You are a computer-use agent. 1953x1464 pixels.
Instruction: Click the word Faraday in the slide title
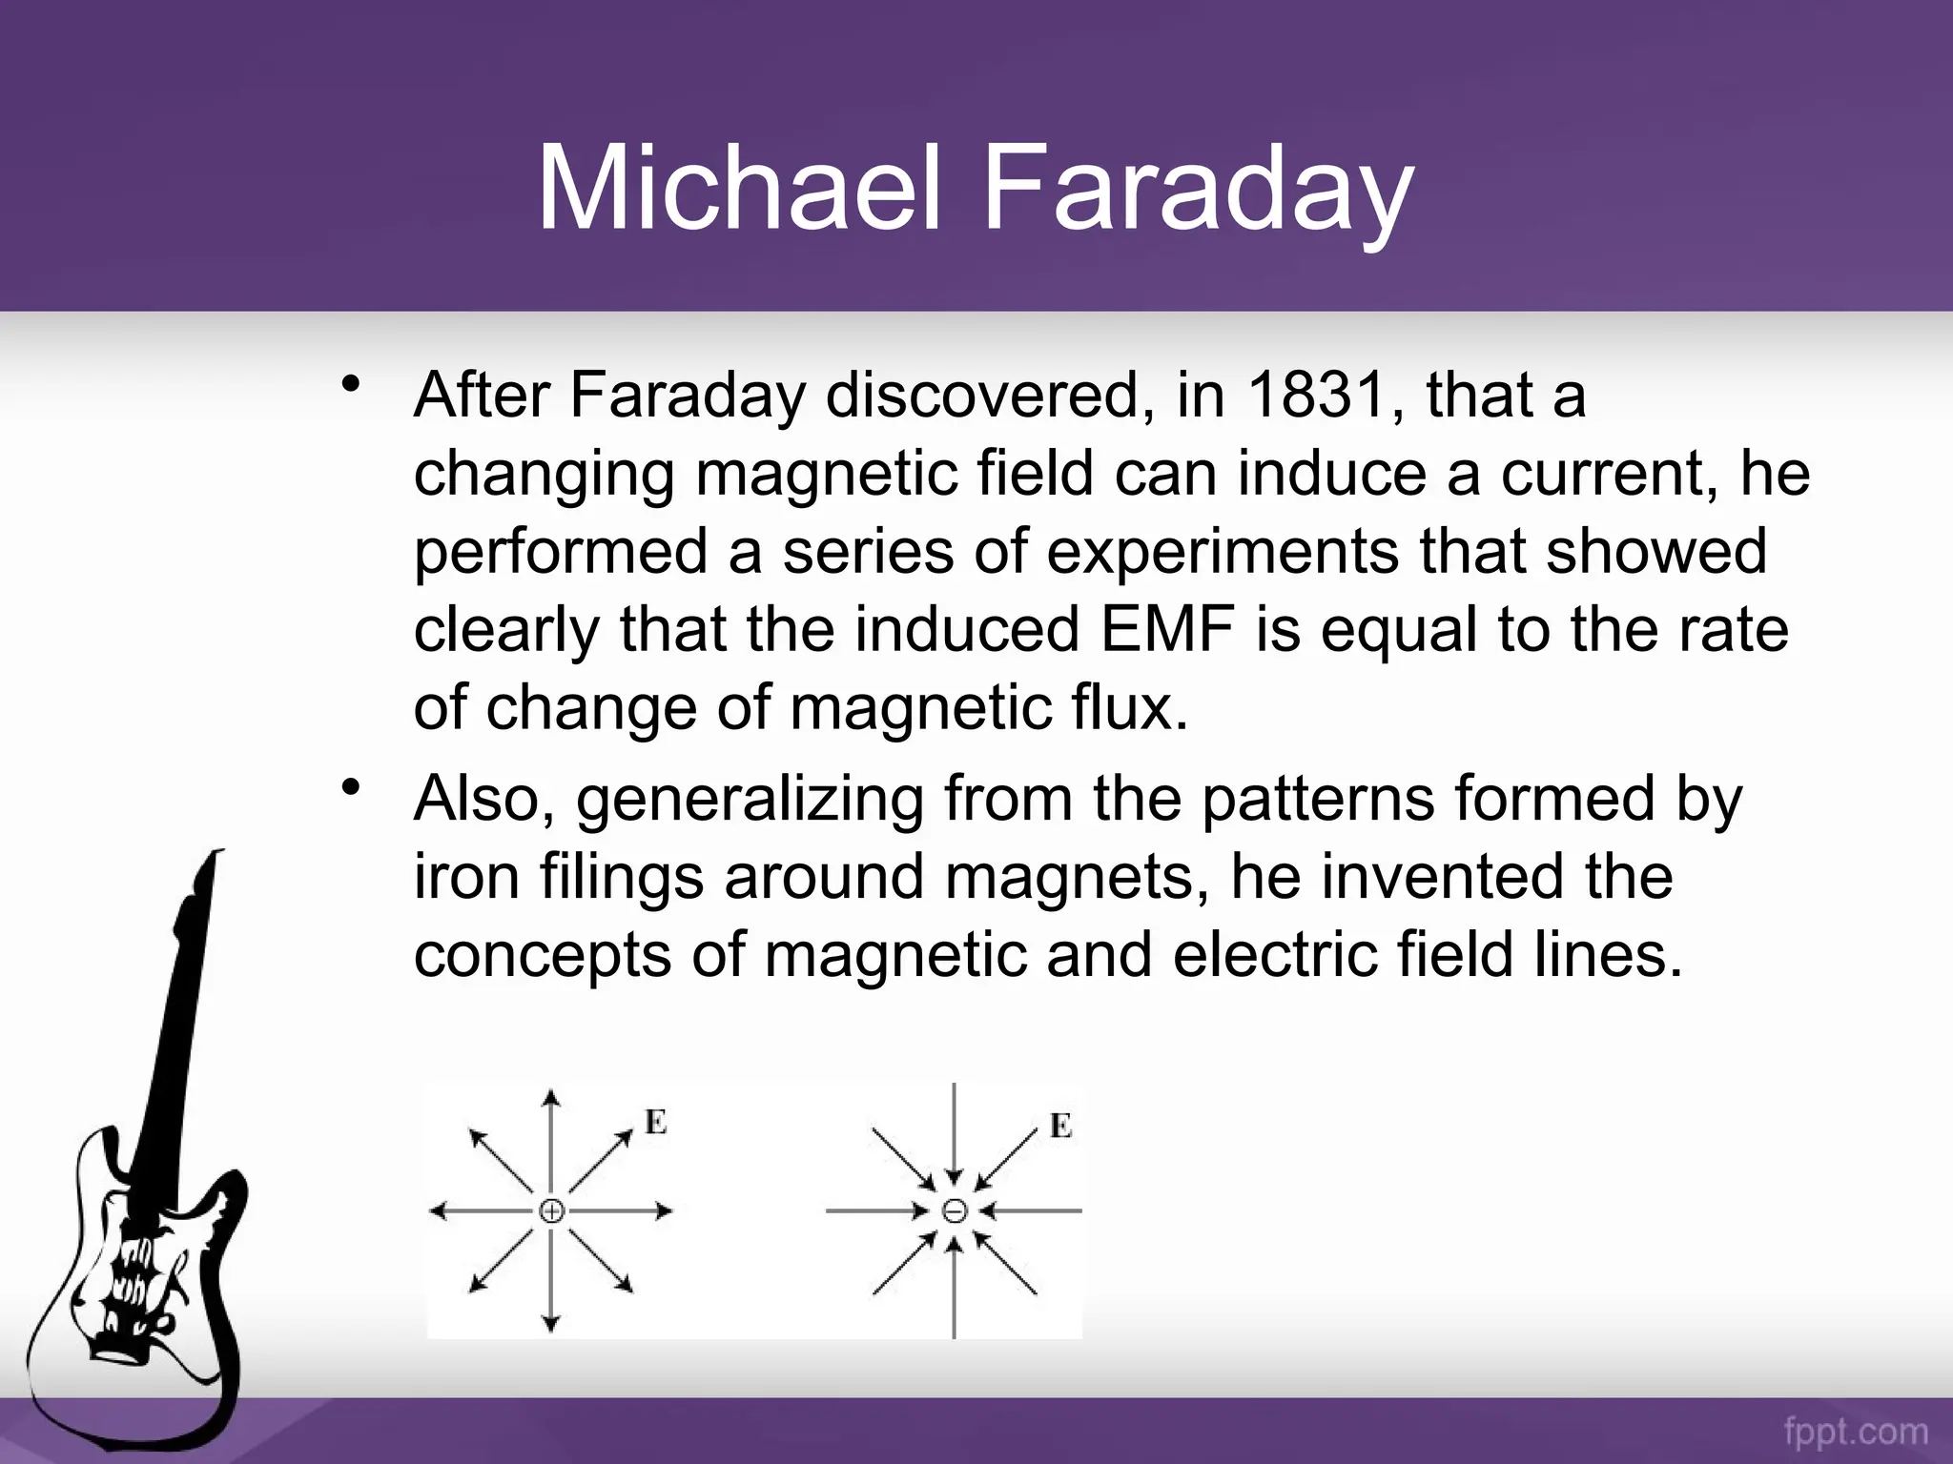pos(1197,191)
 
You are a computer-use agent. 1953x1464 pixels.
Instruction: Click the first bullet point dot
pos(352,385)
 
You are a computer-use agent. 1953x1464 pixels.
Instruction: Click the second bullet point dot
pos(352,788)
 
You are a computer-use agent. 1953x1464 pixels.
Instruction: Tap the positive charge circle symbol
pos(552,1211)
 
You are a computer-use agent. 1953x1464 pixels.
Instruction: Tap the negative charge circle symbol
pos(955,1211)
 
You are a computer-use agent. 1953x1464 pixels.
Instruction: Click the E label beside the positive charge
pos(655,1122)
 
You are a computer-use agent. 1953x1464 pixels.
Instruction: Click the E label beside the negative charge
pos(1060,1126)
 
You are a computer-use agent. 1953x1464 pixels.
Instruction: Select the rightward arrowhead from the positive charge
pos(665,1211)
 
